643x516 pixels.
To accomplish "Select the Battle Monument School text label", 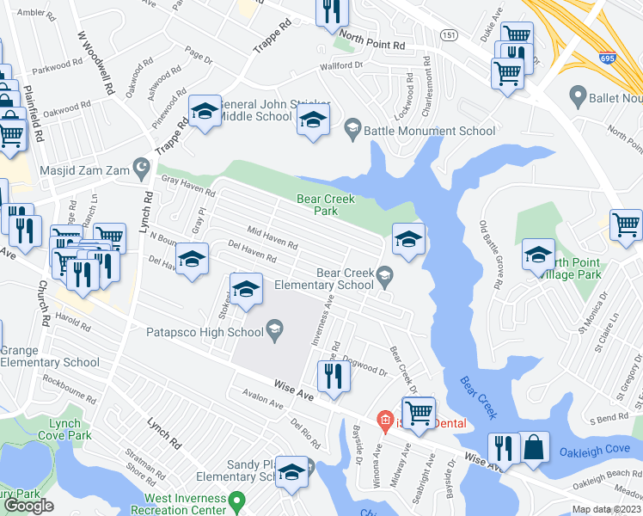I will (429, 131).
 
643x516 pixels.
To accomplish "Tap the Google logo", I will (28, 506).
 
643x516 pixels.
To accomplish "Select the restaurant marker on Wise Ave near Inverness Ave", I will (332, 377).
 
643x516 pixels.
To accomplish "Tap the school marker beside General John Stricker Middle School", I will (205, 111).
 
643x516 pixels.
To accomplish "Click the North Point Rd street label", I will (371, 41).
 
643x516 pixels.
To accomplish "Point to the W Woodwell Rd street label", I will (95, 63).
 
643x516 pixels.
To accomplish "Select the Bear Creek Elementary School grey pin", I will (384, 275).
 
